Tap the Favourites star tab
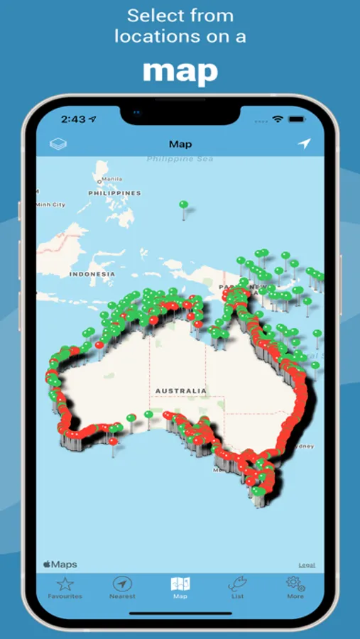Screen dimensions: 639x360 (x=65, y=588)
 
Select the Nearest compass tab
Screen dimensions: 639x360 (x=122, y=588)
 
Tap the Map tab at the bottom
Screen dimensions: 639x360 (x=180, y=588)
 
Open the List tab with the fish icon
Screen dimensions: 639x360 (x=237, y=588)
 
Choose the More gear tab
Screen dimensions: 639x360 (x=295, y=588)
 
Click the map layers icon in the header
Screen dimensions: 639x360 (x=58, y=144)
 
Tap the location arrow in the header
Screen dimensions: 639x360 (x=304, y=144)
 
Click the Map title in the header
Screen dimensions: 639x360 (x=180, y=144)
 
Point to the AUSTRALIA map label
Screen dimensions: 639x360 (x=181, y=390)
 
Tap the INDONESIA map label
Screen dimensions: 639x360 (x=92, y=274)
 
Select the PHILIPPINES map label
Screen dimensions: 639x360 (x=114, y=193)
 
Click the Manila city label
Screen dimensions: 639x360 (x=111, y=179)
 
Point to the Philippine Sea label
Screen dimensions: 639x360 (x=180, y=159)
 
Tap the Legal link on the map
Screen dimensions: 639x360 (x=307, y=565)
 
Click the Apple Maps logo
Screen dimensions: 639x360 (x=60, y=564)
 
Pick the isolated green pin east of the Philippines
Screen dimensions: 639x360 (x=183, y=205)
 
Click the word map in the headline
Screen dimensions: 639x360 (x=180, y=72)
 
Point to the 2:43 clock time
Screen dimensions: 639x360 (x=74, y=119)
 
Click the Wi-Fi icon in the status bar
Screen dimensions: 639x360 (x=278, y=119)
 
